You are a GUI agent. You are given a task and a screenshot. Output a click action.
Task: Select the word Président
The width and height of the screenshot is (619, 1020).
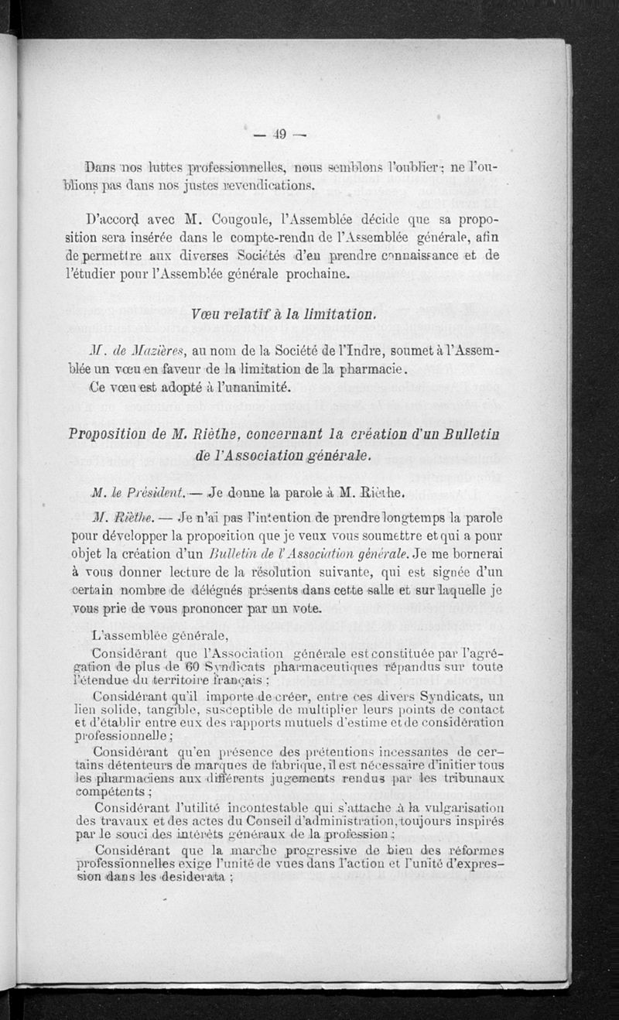(159, 492)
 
